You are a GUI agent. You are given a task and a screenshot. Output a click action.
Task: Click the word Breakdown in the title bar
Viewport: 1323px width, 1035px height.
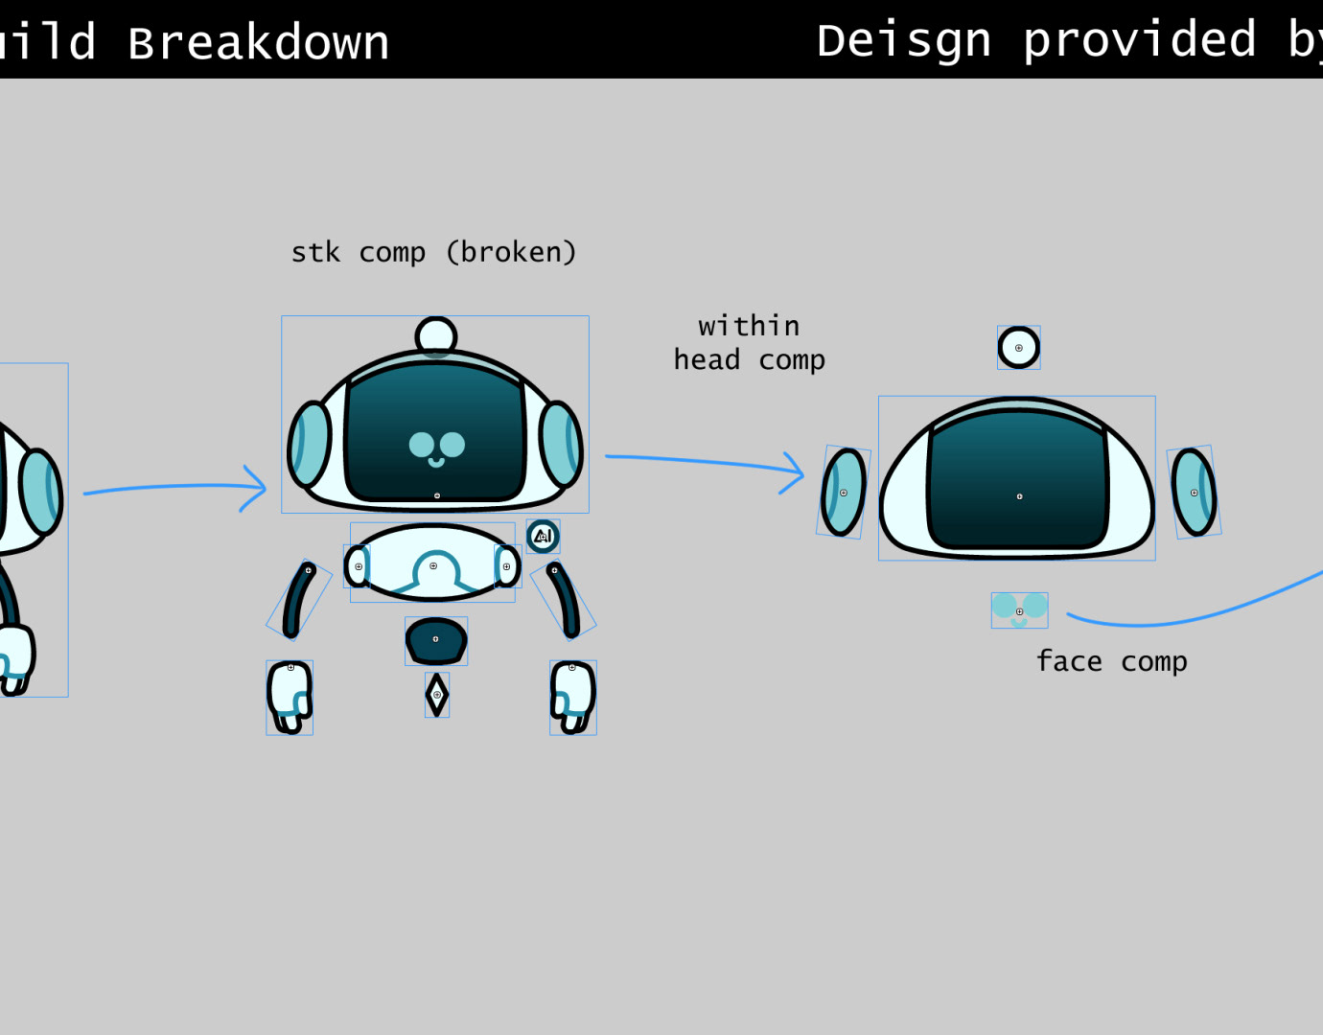pos(259,43)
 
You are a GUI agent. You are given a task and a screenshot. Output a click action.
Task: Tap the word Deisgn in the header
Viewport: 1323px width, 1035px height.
pos(904,41)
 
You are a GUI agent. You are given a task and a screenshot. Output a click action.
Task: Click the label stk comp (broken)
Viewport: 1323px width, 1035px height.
pos(433,252)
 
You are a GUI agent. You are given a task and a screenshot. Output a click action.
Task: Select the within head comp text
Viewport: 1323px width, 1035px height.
pos(749,343)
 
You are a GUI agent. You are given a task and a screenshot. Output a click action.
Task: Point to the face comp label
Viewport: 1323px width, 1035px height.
pos(1111,661)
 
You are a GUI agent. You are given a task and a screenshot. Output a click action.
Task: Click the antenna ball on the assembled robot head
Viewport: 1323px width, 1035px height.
pos(436,336)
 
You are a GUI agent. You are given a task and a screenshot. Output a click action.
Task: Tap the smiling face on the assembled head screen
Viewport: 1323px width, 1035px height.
pos(436,448)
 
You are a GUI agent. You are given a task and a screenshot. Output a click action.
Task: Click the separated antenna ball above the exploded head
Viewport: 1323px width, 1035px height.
pos(1018,348)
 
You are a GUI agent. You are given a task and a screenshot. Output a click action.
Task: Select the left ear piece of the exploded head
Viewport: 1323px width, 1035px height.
pos(844,492)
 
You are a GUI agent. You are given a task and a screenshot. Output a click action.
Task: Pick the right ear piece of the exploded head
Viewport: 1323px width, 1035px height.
pos(1194,492)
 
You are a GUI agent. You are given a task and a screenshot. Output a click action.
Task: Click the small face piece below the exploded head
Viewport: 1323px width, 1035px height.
pos(1019,609)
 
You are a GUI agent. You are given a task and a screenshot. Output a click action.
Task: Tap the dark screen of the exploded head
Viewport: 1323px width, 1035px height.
pos(1018,484)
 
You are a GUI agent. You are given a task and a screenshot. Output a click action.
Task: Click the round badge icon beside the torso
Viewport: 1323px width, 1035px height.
pos(543,537)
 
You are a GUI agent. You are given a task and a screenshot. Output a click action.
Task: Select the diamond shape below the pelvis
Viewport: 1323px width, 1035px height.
pos(437,695)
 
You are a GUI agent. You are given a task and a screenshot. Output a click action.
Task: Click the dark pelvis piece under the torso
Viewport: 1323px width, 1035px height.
pos(436,640)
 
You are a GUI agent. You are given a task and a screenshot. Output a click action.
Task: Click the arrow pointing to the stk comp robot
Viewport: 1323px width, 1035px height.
pos(173,488)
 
